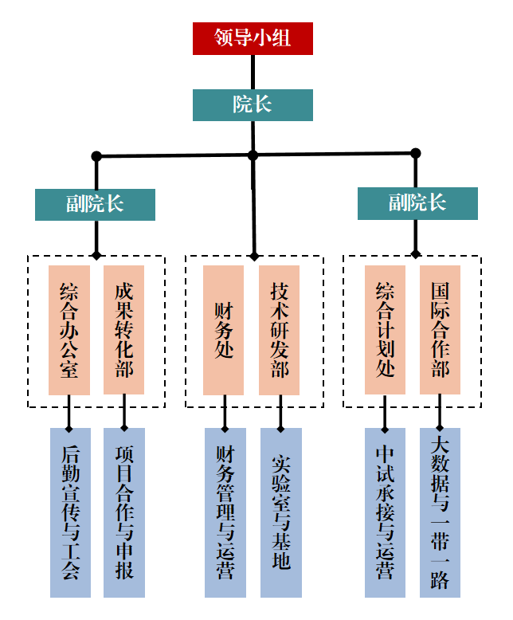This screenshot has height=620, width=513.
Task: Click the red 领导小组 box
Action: click(253, 38)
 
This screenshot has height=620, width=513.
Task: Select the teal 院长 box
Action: click(253, 104)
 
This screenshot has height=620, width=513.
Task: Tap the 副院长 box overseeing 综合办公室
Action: click(95, 204)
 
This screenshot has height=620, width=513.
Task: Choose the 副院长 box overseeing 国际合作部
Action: click(417, 203)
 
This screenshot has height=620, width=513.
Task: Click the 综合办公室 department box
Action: click(69, 330)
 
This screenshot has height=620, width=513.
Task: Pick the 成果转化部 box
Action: click(124, 330)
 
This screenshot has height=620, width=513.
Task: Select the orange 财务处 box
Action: click(223, 330)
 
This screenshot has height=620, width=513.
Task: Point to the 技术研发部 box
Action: click(280, 330)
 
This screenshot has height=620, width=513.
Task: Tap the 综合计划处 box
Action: click(385, 330)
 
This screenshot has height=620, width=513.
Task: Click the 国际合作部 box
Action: click(441, 330)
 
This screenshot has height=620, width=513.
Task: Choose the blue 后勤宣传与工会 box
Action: click(70, 512)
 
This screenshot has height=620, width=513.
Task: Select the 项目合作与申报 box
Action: click(124, 512)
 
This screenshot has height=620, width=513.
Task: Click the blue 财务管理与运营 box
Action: click(225, 512)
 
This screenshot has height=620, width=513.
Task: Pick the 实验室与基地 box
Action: click(280, 512)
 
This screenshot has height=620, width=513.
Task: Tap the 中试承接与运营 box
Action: click(386, 512)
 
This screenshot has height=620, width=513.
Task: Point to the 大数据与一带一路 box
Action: click(441, 512)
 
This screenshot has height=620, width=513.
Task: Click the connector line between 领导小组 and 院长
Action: click(253, 72)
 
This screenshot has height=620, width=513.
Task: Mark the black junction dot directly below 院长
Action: click(253, 155)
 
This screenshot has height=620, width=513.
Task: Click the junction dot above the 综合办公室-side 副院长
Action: click(96, 155)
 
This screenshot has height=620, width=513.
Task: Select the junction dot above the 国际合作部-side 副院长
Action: click(415, 153)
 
